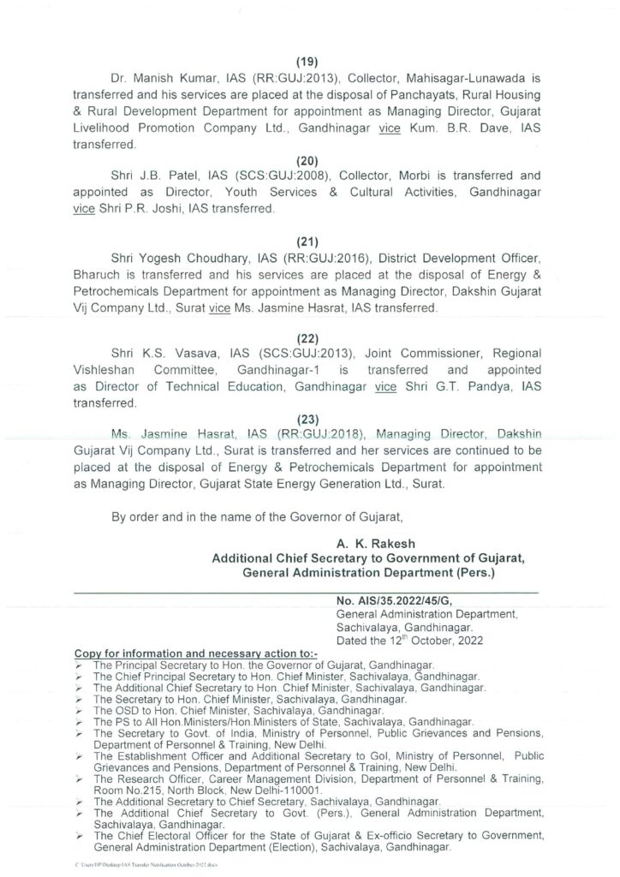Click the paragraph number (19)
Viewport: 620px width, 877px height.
click(308, 62)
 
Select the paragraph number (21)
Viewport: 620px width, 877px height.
click(308, 242)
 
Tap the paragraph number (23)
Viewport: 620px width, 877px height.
click(308, 419)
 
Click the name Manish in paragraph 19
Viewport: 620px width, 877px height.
click(158, 78)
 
